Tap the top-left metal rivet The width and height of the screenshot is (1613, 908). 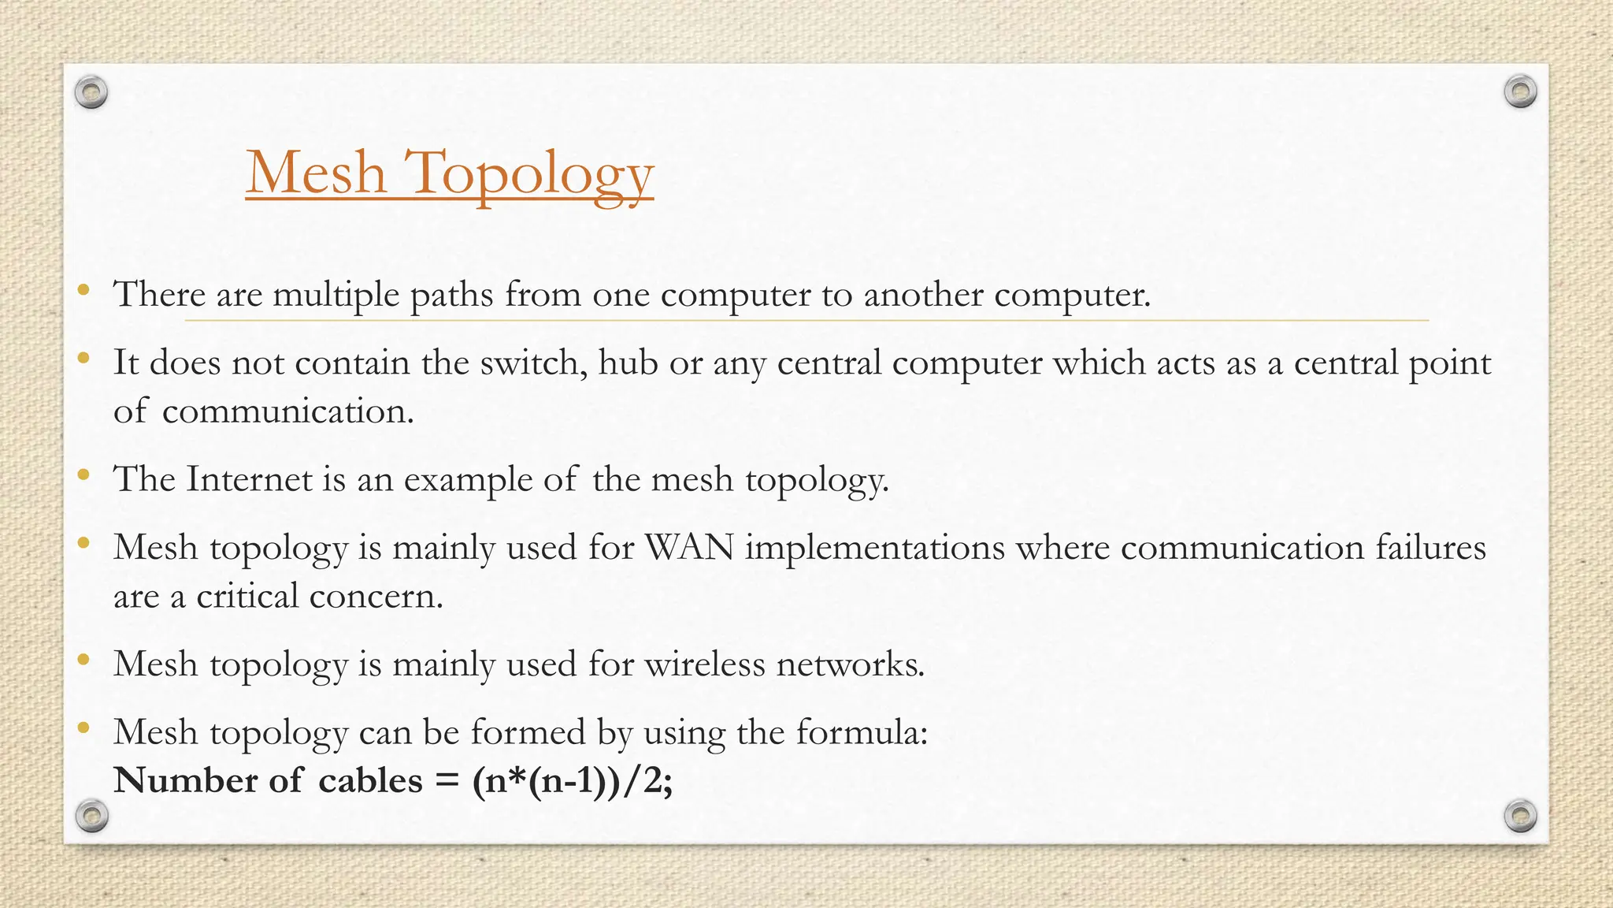pos(91,93)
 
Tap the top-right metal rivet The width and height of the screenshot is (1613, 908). pos(1520,92)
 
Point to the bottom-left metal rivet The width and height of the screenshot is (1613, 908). pos(91,816)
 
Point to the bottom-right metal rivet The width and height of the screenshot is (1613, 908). pos(1520,816)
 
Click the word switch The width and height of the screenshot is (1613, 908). pos(533,363)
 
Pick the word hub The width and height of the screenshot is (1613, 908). pos(628,363)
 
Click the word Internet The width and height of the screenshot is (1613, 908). pos(249,479)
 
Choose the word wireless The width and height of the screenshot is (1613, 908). pos(705,664)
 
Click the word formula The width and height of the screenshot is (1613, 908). pos(862,733)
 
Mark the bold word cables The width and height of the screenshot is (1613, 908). pos(370,781)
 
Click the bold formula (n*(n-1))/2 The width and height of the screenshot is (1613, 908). pos(572,781)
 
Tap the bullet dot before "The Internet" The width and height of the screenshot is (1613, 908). pos(83,475)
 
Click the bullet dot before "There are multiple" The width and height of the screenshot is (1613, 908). pos(83,291)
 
